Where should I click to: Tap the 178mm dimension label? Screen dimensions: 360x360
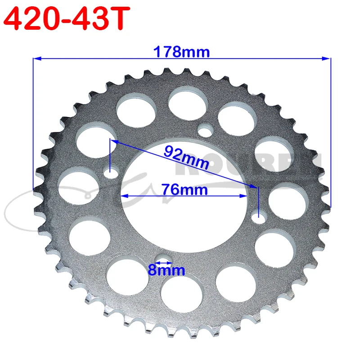(182, 52)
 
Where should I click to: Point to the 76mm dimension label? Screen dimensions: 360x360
(187, 189)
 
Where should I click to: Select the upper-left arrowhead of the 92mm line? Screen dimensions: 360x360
(113, 141)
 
